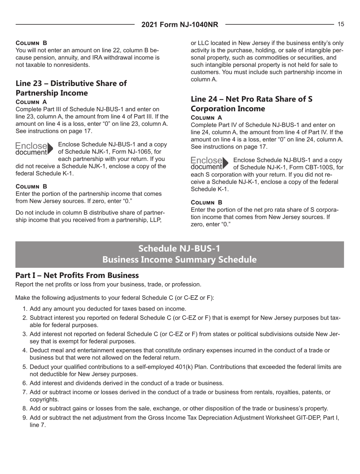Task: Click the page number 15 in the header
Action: click(341, 24)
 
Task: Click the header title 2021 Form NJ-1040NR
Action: click(180, 25)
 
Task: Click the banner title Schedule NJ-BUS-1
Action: click(180, 248)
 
